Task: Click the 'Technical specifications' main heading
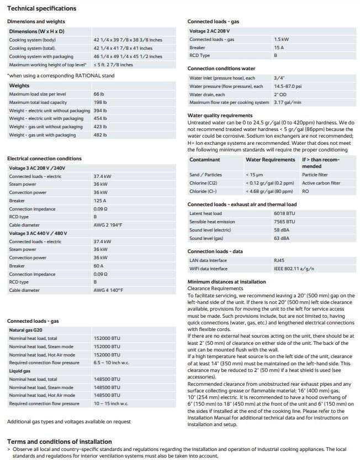(41, 8)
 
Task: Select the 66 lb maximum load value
(99, 95)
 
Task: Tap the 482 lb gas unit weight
(100, 135)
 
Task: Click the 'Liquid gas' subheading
(20, 371)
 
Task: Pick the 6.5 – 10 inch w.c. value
(112, 363)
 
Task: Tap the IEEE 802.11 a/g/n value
(293, 269)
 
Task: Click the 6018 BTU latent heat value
(284, 213)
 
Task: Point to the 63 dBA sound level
(281, 238)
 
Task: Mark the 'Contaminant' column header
(205, 160)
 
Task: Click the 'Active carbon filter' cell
(321, 183)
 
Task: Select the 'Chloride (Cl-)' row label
(203, 191)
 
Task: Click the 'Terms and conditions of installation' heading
(59, 442)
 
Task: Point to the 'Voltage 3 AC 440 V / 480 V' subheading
(38, 233)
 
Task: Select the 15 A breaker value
(278, 48)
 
